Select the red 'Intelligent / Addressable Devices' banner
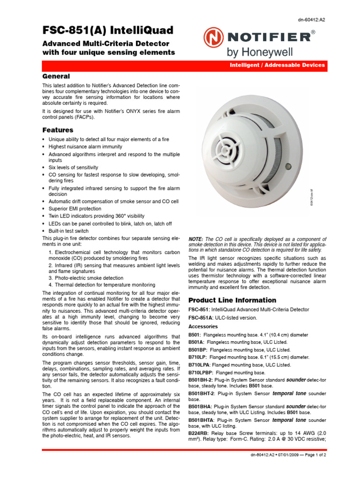click(277, 65)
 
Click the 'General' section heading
click(56, 76)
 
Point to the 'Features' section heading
click(58, 130)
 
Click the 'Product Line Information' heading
click(232, 300)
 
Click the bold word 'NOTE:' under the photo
click(196, 239)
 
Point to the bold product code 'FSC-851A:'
click(201, 318)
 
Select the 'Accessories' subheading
click(203, 326)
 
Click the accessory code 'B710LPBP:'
click(201, 373)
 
